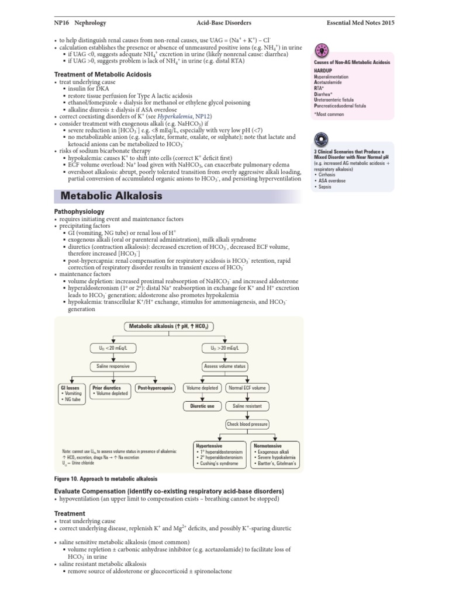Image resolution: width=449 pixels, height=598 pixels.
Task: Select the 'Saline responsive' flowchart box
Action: click(x=110, y=366)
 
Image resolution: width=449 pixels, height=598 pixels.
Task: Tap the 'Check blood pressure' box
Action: click(x=247, y=424)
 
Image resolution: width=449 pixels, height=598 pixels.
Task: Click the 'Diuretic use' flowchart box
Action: click(x=202, y=405)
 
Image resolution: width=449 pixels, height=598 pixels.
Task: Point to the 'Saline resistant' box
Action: click(x=248, y=405)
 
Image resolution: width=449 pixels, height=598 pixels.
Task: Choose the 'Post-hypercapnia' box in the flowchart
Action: click(x=154, y=388)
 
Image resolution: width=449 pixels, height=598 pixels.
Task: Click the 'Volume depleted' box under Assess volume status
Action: click(x=202, y=388)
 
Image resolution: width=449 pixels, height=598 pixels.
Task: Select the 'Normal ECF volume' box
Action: click(x=248, y=388)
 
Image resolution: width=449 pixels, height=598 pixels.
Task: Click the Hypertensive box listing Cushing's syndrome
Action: click(x=219, y=455)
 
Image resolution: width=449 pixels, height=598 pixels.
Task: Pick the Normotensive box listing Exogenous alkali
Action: click(x=275, y=455)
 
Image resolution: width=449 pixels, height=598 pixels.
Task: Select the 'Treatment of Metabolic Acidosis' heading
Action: click(x=102, y=75)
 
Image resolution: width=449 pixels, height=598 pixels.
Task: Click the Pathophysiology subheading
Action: click(x=79, y=211)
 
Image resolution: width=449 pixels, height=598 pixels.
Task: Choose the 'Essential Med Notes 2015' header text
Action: click(x=360, y=22)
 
